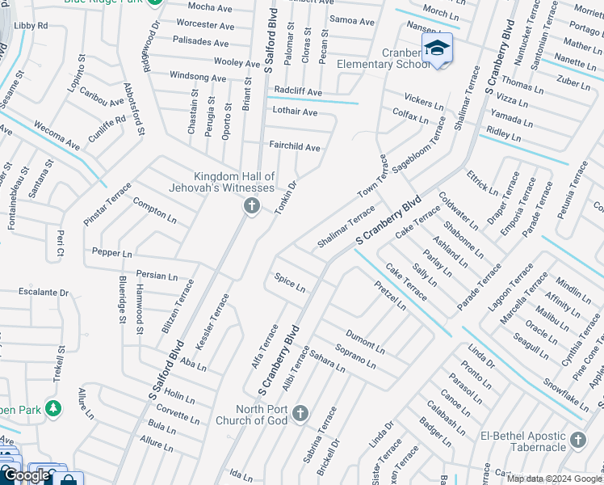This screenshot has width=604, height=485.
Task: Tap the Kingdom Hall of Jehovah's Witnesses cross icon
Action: click(x=251, y=207)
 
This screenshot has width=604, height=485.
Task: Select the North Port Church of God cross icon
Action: click(x=300, y=415)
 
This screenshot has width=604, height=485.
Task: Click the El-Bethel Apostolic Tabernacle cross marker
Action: click(x=577, y=440)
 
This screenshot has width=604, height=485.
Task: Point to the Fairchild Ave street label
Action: click(x=295, y=147)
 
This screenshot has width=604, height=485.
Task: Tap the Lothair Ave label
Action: click(x=295, y=112)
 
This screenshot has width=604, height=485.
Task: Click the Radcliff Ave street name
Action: click(x=298, y=92)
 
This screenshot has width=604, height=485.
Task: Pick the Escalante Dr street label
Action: click(x=44, y=292)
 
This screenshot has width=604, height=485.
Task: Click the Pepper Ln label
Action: click(x=111, y=253)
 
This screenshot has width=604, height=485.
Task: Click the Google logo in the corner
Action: click(x=27, y=475)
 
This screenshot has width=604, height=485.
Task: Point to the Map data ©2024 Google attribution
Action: click(x=554, y=479)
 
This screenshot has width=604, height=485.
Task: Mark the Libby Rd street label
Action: click(x=31, y=26)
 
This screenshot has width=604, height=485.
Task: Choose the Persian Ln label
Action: click(x=157, y=276)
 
